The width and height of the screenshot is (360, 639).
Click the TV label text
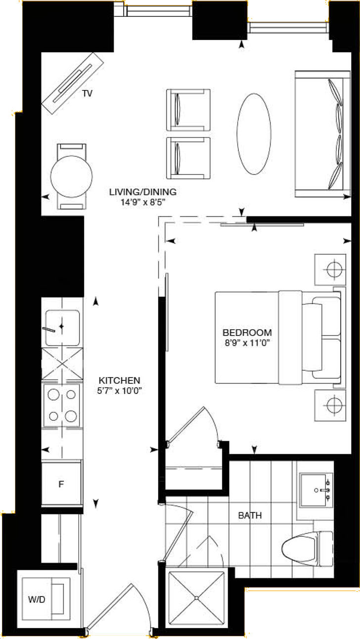click(x=88, y=93)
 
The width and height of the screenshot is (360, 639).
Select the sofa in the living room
click(x=324, y=134)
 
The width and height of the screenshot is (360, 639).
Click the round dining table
click(x=72, y=176)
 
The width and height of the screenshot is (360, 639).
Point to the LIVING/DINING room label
click(x=143, y=192)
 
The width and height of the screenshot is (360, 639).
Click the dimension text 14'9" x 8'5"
click(x=143, y=201)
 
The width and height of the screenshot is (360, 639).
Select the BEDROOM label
click(x=247, y=332)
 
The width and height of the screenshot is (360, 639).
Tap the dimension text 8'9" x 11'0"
click(x=247, y=341)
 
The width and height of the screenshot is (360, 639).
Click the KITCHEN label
click(x=119, y=381)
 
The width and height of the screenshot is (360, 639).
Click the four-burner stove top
click(x=62, y=405)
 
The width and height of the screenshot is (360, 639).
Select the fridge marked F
click(x=61, y=483)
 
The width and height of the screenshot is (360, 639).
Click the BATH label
click(x=250, y=515)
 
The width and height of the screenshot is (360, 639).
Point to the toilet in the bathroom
click(x=307, y=549)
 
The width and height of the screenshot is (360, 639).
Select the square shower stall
click(x=196, y=598)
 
